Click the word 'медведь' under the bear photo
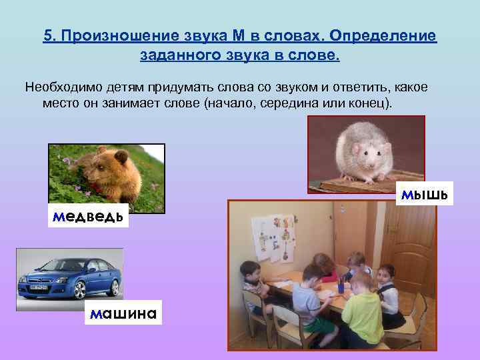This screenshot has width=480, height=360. [86, 217]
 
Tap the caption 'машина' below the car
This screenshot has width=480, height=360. [123, 312]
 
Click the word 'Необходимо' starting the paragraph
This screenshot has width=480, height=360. [58, 88]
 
